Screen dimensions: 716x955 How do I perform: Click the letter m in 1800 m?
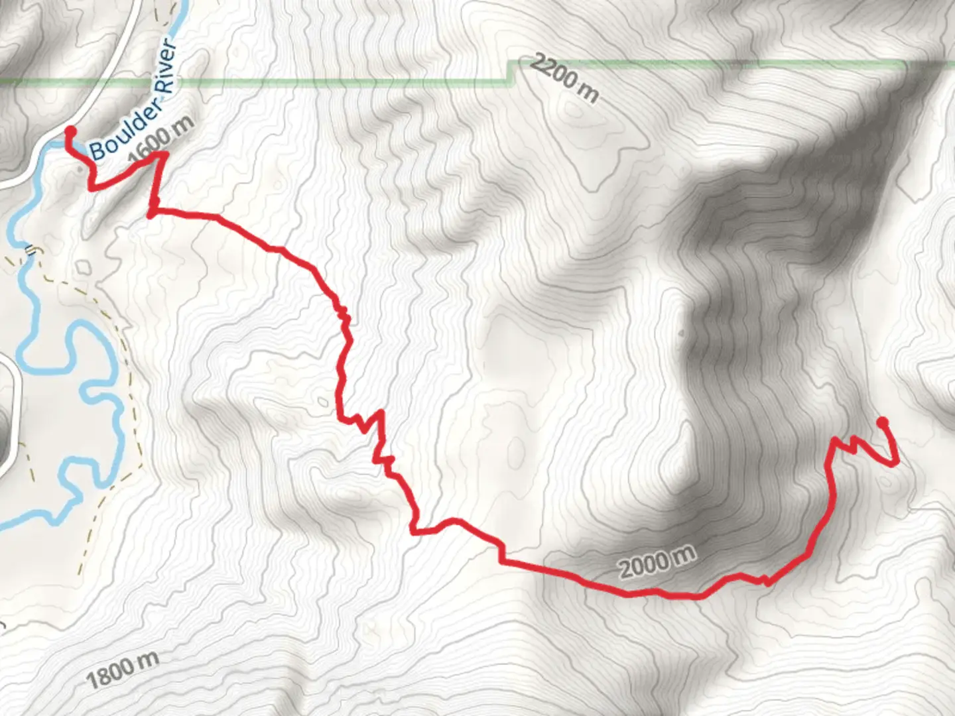(149, 661)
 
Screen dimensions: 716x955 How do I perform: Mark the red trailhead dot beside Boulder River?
(69, 131)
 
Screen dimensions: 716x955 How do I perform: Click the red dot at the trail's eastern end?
(882, 422)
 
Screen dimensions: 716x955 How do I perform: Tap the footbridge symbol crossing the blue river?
(30, 250)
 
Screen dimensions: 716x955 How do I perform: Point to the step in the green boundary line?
(511, 72)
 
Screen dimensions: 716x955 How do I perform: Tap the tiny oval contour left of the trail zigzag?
(322, 400)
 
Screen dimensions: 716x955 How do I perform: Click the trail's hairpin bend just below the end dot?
(895, 462)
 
